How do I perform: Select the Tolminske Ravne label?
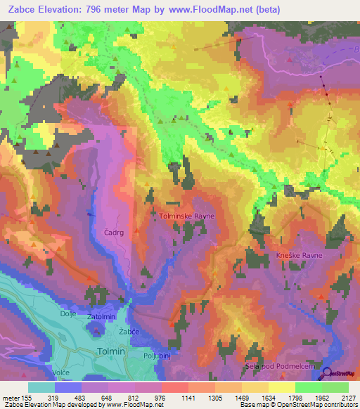point(186,216)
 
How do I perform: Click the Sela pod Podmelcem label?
point(279,368)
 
